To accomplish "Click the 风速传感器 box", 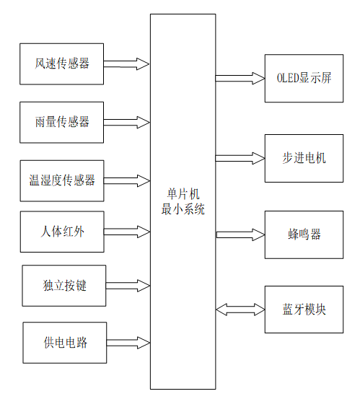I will (x=62, y=63).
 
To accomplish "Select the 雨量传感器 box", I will (x=62, y=122).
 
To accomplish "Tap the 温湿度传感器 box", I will (x=62, y=180).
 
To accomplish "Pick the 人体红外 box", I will (x=62, y=232).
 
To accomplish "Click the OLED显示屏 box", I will (x=304, y=77).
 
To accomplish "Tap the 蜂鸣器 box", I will (x=304, y=234).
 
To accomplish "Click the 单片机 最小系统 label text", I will (x=183, y=201).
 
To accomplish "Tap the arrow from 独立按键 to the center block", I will (x=128, y=286).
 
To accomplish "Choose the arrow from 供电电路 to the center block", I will (x=128, y=342).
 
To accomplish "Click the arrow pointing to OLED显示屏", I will (x=240, y=77).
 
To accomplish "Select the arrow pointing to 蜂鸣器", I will (x=240, y=234).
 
